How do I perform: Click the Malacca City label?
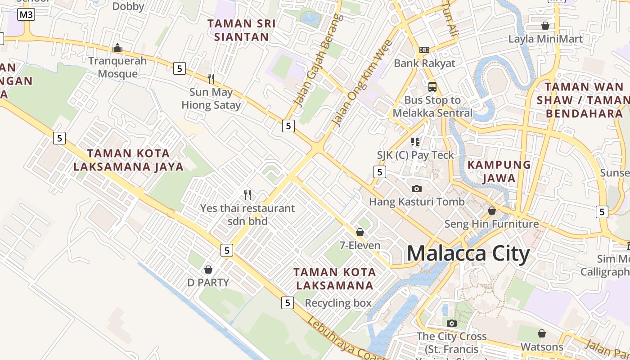pyautogui.click(x=468, y=254)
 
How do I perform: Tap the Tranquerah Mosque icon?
pyautogui.click(x=117, y=48)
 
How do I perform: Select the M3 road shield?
pyautogui.click(x=26, y=15)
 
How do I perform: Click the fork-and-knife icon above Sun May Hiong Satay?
pyautogui.click(x=211, y=79)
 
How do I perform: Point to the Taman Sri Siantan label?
pyautogui.click(x=242, y=30)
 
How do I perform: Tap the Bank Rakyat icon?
pyautogui.click(x=424, y=50)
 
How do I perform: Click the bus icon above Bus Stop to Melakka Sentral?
pyautogui.click(x=432, y=86)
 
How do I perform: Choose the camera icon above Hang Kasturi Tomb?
pyautogui.click(x=417, y=189)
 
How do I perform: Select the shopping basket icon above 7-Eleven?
pyautogui.click(x=360, y=232)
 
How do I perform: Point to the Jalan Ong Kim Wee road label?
pyautogui.click(x=362, y=84)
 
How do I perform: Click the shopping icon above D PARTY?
pyautogui.click(x=208, y=270)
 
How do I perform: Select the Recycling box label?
pyautogui.click(x=338, y=303)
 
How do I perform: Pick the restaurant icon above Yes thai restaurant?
pyautogui.click(x=247, y=195)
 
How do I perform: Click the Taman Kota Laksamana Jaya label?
pyautogui.click(x=128, y=160)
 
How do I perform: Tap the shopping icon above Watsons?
pyautogui.click(x=542, y=333)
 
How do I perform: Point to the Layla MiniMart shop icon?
pyautogui.click(x=545, y=26)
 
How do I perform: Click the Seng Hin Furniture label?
pyautogui.click(x=491, y=224)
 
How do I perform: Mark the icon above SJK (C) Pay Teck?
pyautogui.click(x=415, y=142)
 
